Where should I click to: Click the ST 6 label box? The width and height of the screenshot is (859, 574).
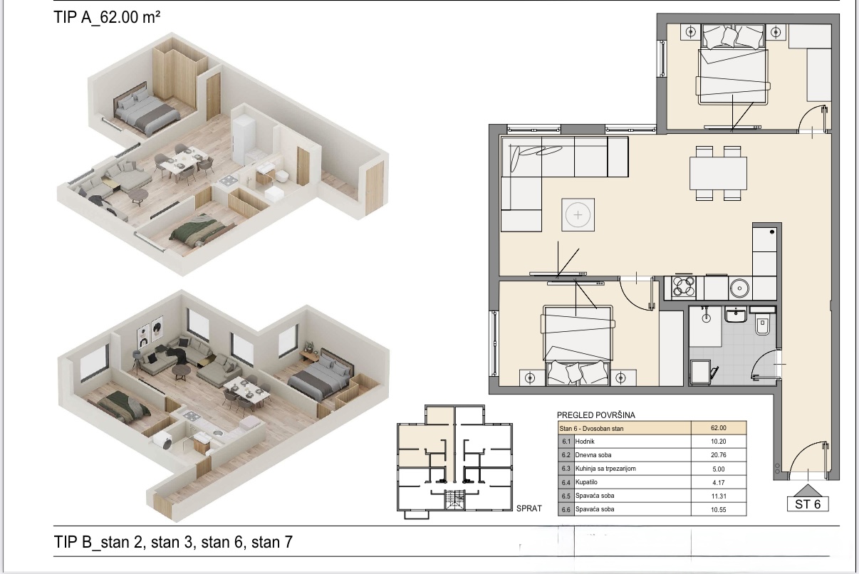pyautogui.click(x=808, y=503)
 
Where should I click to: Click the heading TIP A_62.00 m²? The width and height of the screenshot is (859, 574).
pyautogui.click(x=107, y=17)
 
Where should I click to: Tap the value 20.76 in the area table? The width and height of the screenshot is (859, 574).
pyautogui.click(x=718, y=455)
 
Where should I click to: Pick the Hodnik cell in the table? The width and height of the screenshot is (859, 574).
pyautogui.click(x=585, y=442)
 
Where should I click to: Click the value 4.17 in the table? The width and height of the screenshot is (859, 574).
pyautogui.click(x=719, y=483)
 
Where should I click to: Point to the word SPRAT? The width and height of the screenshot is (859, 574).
pyautogui.click(x=529, y=508)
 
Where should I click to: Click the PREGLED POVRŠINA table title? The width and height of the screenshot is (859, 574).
pyautogui.click(x=596, y=415)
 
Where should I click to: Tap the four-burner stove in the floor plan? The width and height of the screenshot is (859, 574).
pyautogui.click(x=684, y=287)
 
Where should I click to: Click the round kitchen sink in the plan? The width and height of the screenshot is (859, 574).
pyautogui.click(x=739, y=288)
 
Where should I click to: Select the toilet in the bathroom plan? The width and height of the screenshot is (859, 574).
pyautogui.click(x=762, y=322)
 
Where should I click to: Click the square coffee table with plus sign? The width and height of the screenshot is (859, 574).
pyautogui.click(x=578, y=215)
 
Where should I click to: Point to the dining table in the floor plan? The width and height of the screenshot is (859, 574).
pyautogui.click(x=718, y=173)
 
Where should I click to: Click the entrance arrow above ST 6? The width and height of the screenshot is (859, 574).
pyautogui.click(x=808, y=491)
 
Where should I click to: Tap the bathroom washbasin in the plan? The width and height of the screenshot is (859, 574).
pyautogui.click(x=735, y=315)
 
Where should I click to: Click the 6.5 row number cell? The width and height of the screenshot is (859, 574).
pyautogui.click(x=566, y=496)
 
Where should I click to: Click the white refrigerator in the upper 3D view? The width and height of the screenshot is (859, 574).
pyautogui.click(x=244, y=139)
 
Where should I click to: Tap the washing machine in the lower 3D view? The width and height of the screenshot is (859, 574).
pyautogui.click(x=164, y=442)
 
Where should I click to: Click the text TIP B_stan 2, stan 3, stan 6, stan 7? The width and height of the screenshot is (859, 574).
pyautogui.click(x=173, y=542)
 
